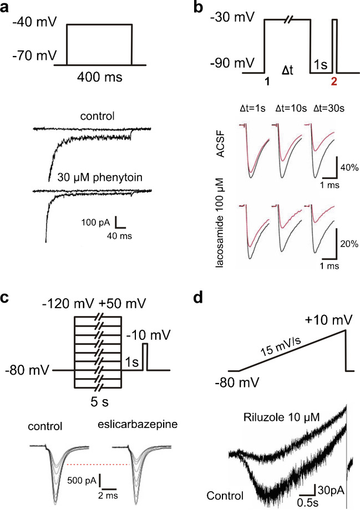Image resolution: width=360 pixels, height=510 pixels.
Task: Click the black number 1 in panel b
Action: tap(267, 81)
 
